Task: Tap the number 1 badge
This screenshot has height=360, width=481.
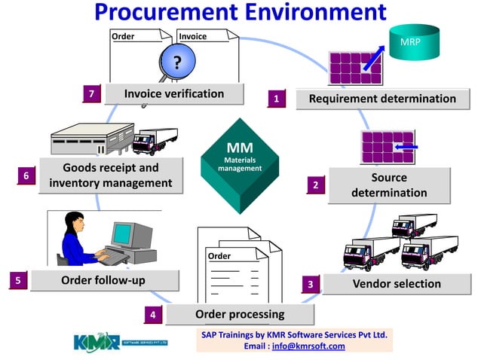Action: click(x=277, y=98)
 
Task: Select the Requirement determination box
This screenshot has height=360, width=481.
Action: click(x=382, y=99)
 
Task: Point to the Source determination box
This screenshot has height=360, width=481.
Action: click(x=389, y=185)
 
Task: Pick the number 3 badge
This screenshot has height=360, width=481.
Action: click(x=310, y=284)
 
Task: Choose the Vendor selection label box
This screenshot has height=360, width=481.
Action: click(x=397, y=284)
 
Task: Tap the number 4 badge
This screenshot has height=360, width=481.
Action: click(x=153, y=315)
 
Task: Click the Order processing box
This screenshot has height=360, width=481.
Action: click(x=239, y=314)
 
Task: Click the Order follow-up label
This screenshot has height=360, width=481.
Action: click(x=103, y=280)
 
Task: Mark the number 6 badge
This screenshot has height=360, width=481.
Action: click(x=26, y=175)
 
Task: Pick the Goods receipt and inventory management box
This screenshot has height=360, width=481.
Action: click(x=110, y=175)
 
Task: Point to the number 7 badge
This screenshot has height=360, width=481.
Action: click(x=91, y=94)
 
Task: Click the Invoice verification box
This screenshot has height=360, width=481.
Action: click(x=174, y=94)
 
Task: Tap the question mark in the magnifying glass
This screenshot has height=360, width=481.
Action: click(x=177, y=63)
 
